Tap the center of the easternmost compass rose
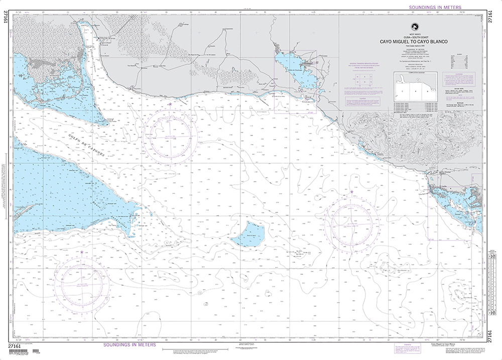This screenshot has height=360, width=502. pos(351,221)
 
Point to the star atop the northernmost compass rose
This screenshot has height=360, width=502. pos(170,104)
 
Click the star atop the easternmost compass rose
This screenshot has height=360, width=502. pos(351,192)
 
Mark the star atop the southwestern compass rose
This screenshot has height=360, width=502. pos(82,252)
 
